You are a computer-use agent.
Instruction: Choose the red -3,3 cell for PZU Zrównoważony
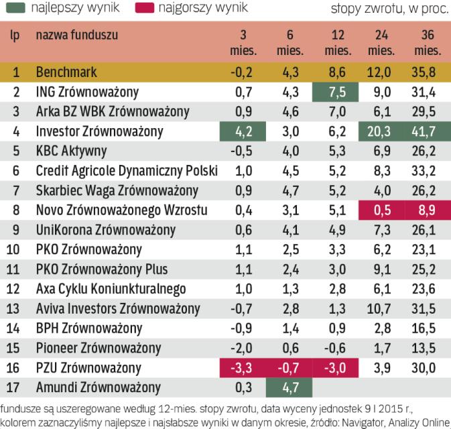(245, 368)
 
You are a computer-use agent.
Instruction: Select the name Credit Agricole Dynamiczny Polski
(127, 171)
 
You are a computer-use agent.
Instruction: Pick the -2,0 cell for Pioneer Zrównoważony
(243, 349)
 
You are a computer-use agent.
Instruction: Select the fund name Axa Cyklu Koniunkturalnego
(111, 290)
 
